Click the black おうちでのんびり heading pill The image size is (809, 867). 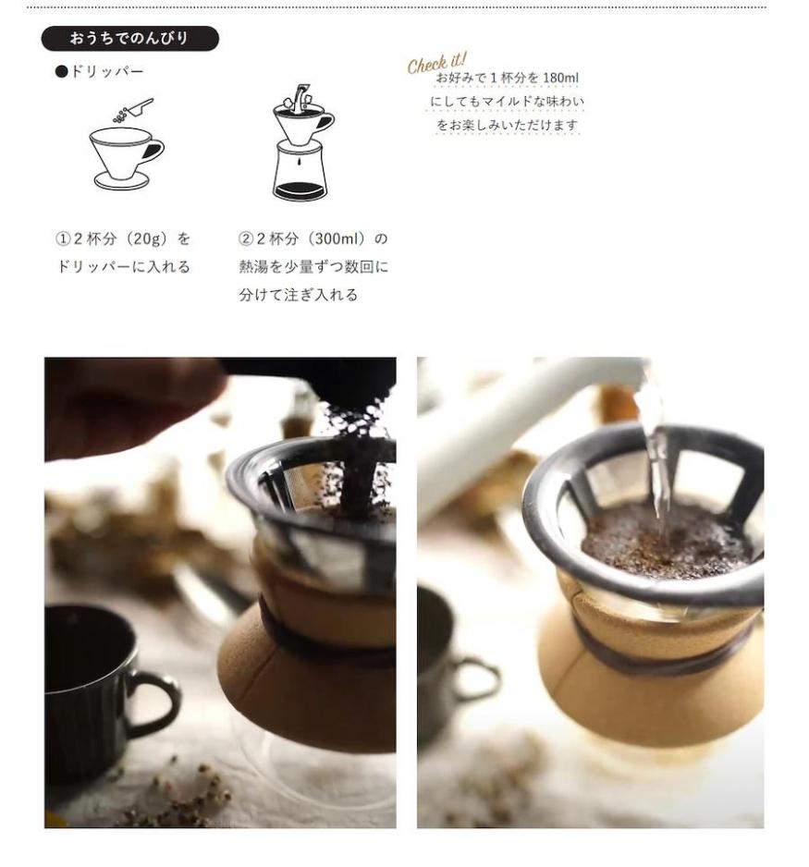pyautogui.click(x=130, y=38)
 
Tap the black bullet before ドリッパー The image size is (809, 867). pyautogui.click(x=61, y=71)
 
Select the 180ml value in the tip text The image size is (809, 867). pyautogui.click(x=560, y=78)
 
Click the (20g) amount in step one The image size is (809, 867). pyautogui.click(x=146, y=238)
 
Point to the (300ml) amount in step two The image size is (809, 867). pyautogui.click(x=337, y=238)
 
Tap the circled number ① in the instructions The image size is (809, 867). pyautogui.click(x=63, y=238)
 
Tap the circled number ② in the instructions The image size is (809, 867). pyautogui.click(x=245, y=238)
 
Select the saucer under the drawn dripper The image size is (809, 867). pyautogui.click(x=121, y=181)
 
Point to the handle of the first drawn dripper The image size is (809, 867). pyautogui.click(x=154, y=149)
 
